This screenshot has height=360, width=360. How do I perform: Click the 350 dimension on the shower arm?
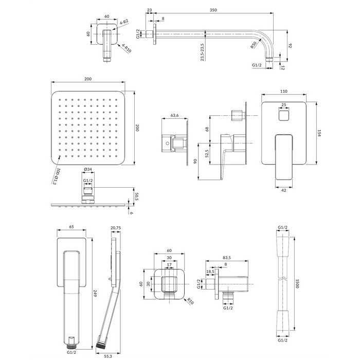213,10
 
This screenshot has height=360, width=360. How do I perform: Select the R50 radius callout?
254,45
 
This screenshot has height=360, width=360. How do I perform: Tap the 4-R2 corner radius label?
124,22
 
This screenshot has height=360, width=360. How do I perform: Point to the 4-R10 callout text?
127,48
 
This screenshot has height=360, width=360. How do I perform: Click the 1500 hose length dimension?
297,283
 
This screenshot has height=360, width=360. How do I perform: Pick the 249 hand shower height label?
95,293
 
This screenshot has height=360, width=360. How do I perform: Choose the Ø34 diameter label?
88,169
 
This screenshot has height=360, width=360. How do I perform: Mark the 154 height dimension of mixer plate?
319,133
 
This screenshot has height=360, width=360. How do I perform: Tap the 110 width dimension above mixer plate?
284,92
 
